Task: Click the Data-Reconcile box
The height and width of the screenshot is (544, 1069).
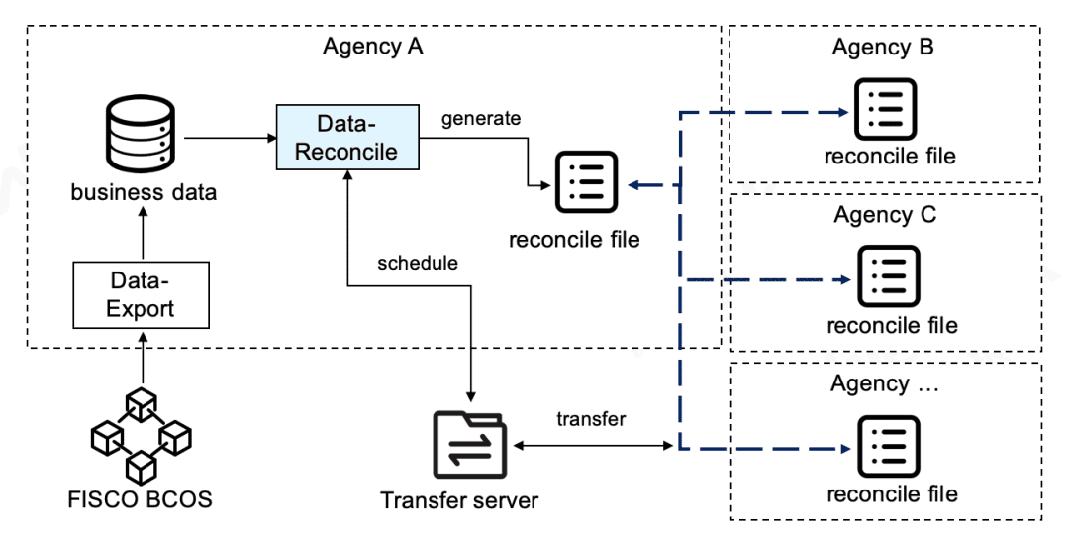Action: (347, 137)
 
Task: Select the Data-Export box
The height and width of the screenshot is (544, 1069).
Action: (142, 295)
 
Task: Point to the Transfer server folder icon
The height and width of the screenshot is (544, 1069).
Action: (470, 444)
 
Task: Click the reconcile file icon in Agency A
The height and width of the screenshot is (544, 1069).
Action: (587, 182)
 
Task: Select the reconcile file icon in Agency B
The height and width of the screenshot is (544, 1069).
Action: (886, 109)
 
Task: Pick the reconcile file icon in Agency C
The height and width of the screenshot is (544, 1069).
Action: (888, 277)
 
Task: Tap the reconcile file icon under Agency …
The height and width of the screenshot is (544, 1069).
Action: (888, 446)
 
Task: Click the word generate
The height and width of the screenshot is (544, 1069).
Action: (481, 118)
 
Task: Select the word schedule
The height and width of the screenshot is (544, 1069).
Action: (418, 263)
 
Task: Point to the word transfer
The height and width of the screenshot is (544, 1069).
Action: (591, 418)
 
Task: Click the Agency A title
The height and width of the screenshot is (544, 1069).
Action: (373, 47)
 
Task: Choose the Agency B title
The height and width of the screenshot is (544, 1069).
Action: (883, 47)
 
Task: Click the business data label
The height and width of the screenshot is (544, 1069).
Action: (144, 192)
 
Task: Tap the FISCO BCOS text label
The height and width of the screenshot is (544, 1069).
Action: (140, 499)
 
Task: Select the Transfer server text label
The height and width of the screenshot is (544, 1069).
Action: (459, 500)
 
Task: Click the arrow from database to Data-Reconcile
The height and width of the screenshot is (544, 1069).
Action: (230, 138)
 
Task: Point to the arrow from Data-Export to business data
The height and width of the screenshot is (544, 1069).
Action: (143, 234)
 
